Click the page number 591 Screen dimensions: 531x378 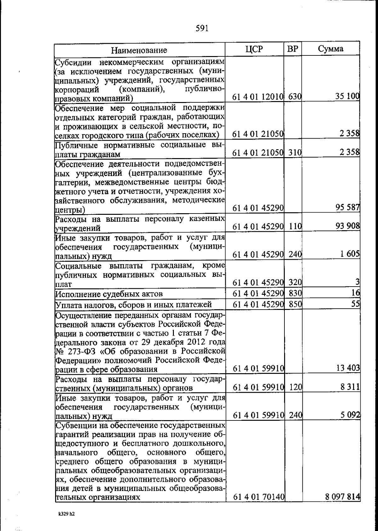202,29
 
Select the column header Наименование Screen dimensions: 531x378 139,50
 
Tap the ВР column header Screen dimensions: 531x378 293,49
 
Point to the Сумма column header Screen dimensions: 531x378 330,49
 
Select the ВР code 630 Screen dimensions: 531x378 295,97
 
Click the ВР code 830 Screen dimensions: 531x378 295,293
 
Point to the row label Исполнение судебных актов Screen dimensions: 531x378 109,294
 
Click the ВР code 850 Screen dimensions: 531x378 295,304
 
